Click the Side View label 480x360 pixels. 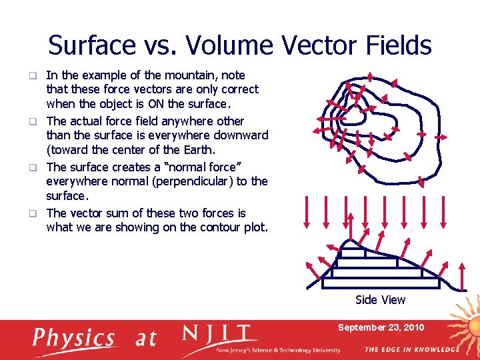(380, 300)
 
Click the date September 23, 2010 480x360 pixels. (381, 327)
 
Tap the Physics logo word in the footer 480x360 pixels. (75, 338)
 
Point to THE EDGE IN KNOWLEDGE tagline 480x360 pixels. (411, 349)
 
